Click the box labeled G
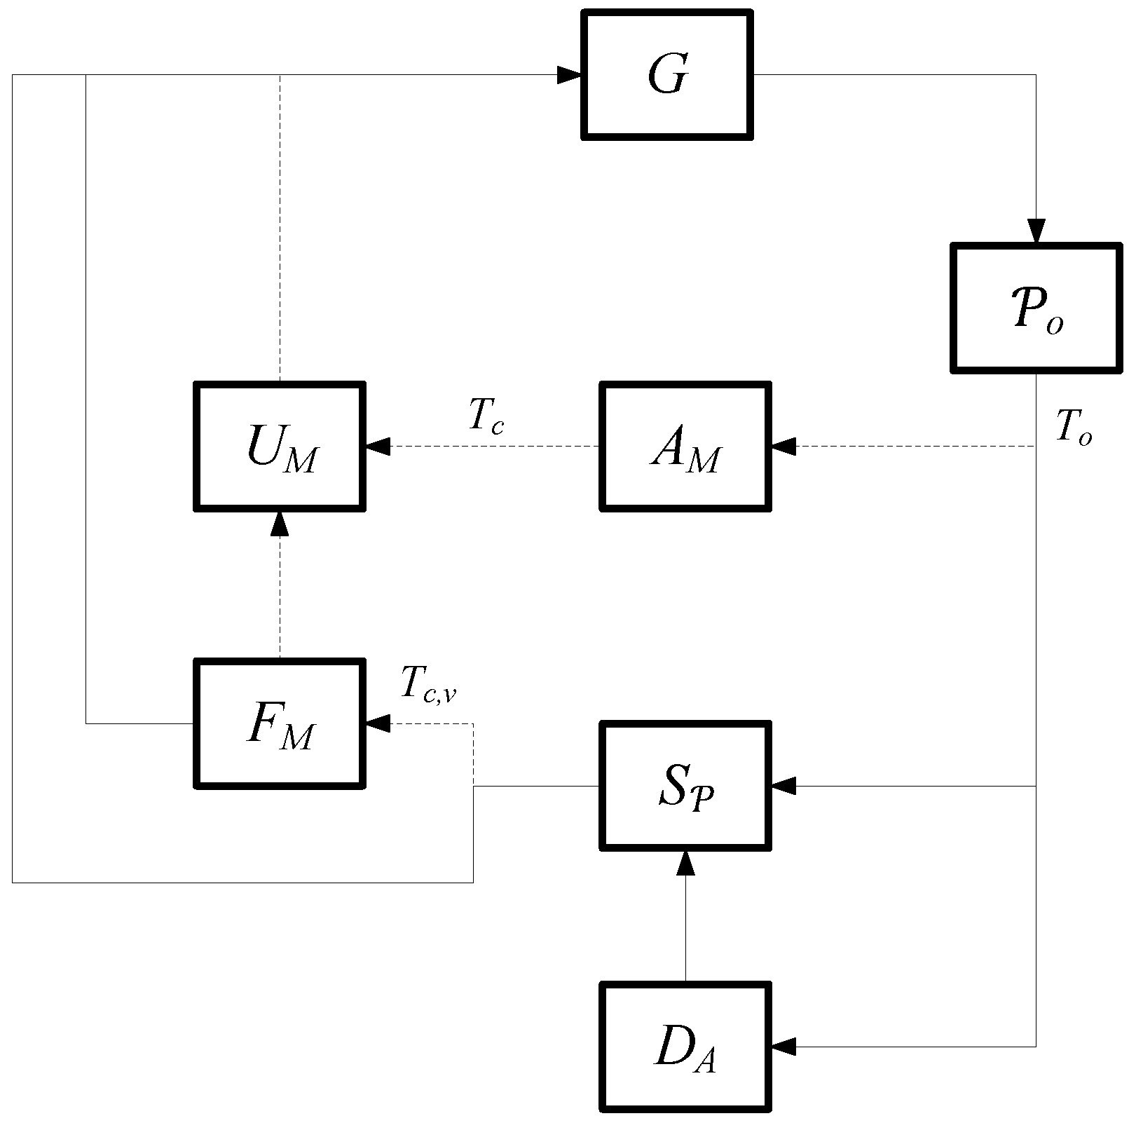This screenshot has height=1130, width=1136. click(x=666, y=74)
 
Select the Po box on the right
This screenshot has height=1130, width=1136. click(x=1036, y=307)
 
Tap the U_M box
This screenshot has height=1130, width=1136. click(x=280, y=447)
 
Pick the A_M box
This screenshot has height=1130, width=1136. click(x=685, y=447)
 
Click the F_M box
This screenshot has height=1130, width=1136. click(x=280, y=723)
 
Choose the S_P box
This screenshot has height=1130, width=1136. click(x=685, y=786)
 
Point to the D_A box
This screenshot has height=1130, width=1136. click(x=685, y=1047)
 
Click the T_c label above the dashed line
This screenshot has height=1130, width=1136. click(x=486, y=416)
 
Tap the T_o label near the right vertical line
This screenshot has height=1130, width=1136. click(x=1073, y=427)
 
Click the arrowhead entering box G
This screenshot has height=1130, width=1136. click(x=569, y=74)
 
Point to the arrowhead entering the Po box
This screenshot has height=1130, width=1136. click(x=1036, y=231)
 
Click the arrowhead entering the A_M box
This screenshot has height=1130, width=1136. click(x=783, y=446)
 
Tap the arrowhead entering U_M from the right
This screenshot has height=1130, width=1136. click(x=378, y=446)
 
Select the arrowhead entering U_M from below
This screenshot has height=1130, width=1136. click(x=280, y=524)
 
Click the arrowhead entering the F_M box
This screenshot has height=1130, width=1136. click(x=378, y=723)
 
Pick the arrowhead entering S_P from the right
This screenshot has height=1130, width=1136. click(x=783, y=786)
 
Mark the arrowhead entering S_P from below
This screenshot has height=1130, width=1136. click(x=685, y=863)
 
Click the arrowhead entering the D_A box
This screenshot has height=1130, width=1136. click(x=783, y=1047)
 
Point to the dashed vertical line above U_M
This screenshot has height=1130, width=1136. click(x=280, y=224)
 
